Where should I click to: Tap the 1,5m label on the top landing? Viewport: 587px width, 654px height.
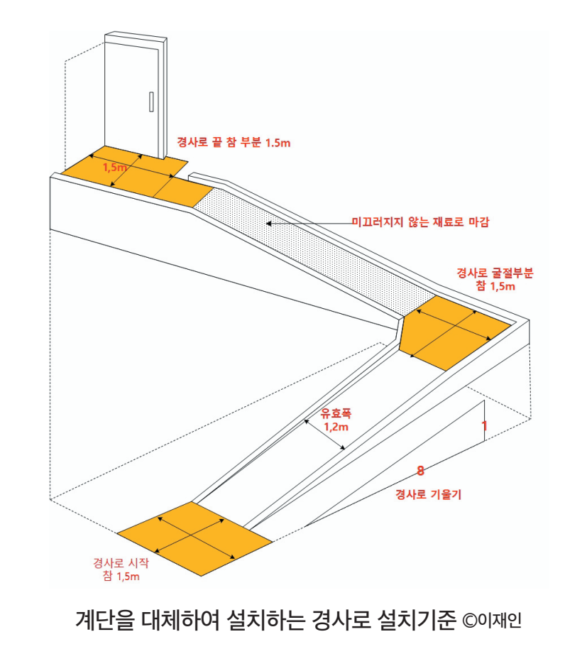(115, 168)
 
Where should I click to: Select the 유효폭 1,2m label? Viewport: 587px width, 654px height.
(336, 419)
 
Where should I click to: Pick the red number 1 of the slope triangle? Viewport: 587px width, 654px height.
(484, 426)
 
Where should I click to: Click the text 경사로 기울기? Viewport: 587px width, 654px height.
(428, 495)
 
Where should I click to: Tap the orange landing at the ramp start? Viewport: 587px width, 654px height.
(194, 538)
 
